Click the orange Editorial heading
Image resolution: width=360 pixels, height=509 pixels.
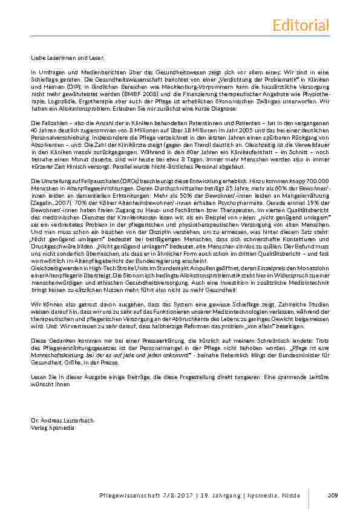coord(301,25)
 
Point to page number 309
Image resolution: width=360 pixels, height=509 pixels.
coord(332,497)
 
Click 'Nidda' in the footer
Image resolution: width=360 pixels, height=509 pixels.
coord(294,497)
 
